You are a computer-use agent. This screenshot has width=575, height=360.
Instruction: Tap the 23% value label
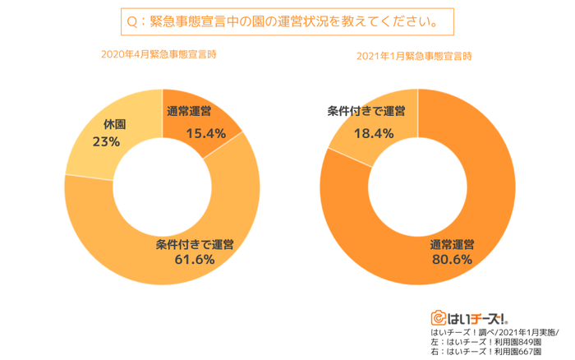tap(106, 141)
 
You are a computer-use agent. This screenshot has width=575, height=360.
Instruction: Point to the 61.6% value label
tap(195, 259)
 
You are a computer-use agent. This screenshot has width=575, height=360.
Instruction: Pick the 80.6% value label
tap(452, 260)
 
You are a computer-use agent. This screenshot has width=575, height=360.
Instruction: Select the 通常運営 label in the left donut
tap(189, 112)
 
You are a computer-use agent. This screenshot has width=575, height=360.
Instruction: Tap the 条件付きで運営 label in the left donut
tap(195, 243)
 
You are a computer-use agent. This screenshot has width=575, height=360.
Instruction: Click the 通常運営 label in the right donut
tap(452, 244)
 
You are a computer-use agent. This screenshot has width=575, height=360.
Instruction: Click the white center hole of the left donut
tap(162, 187)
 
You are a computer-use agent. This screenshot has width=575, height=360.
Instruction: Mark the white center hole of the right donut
tap(417, 187)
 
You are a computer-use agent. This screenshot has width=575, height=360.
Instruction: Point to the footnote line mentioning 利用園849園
tap(484, 342)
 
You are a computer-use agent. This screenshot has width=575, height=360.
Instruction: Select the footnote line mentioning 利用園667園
tap(484, 353)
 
